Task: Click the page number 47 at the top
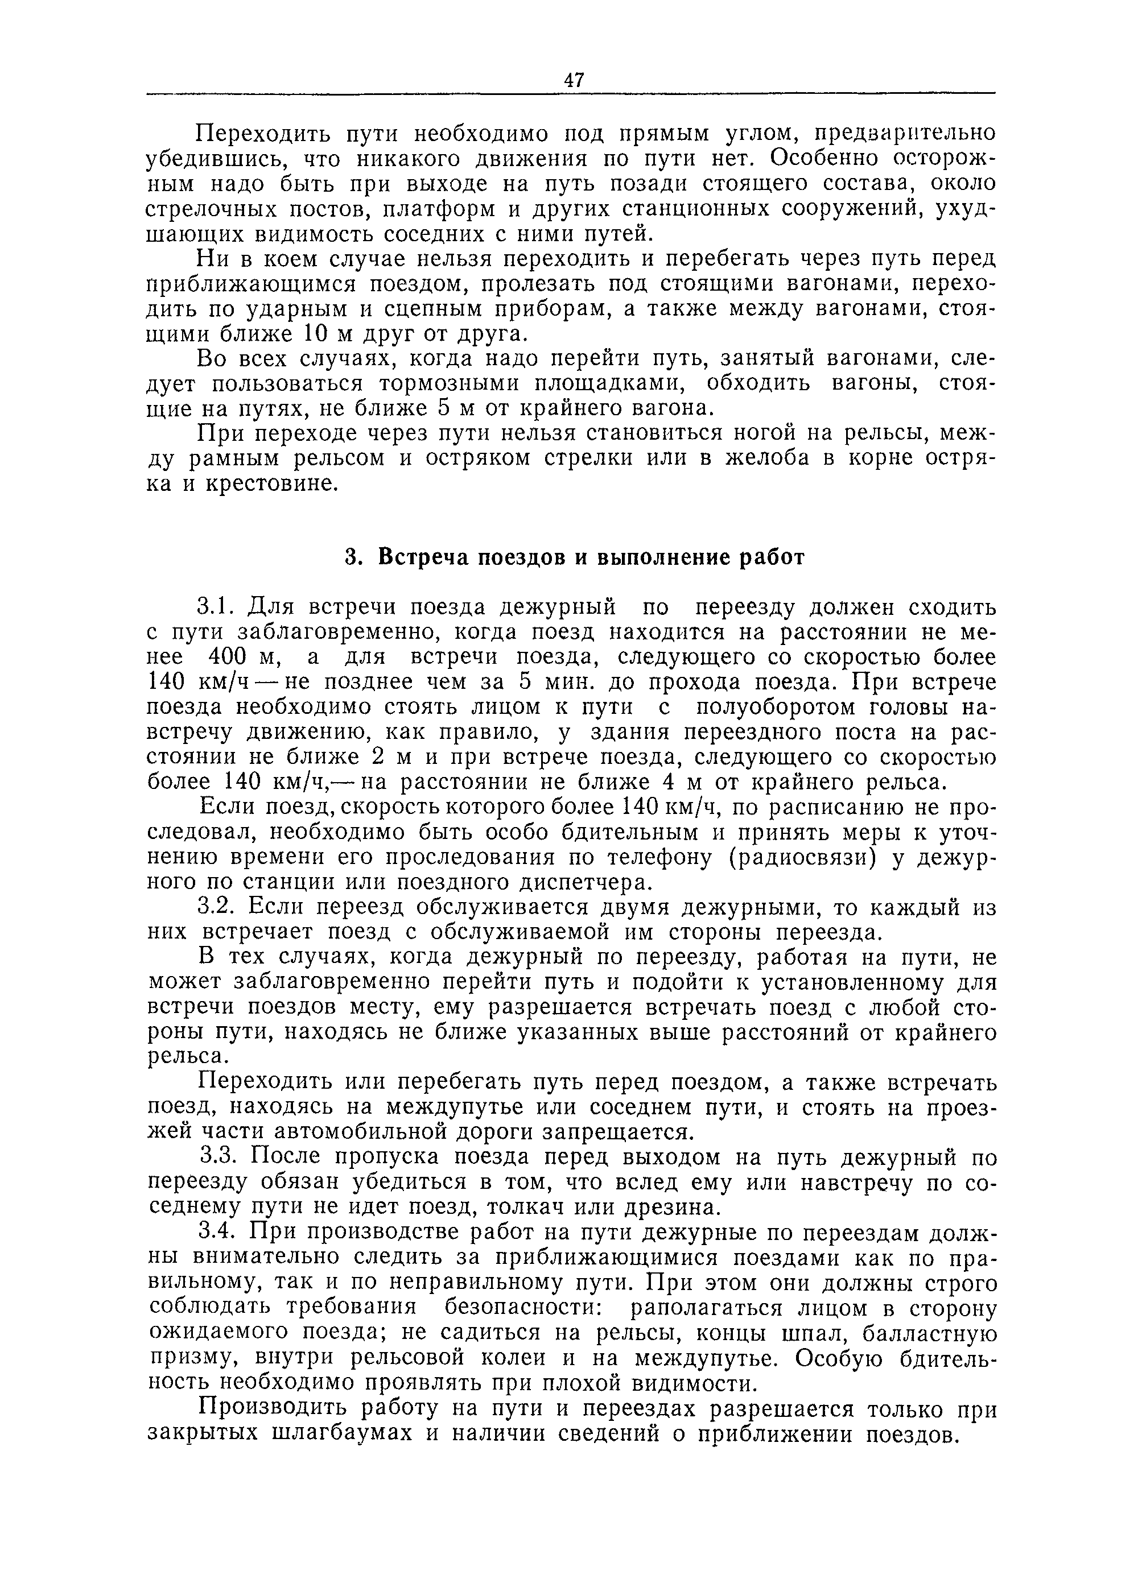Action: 574,80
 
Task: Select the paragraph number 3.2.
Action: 219,908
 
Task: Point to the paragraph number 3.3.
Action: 219,1158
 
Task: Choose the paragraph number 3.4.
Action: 219,1232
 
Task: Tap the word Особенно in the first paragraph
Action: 827,159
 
